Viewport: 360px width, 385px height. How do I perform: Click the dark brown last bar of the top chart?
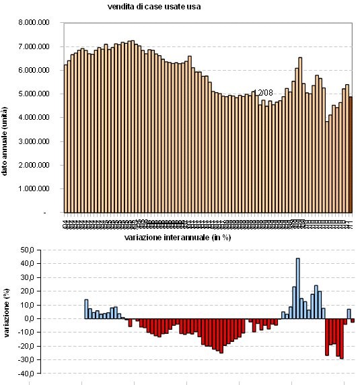[351, 155]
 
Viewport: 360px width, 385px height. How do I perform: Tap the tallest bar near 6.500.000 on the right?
[300, 135]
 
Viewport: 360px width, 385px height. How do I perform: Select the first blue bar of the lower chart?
[86, 309]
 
